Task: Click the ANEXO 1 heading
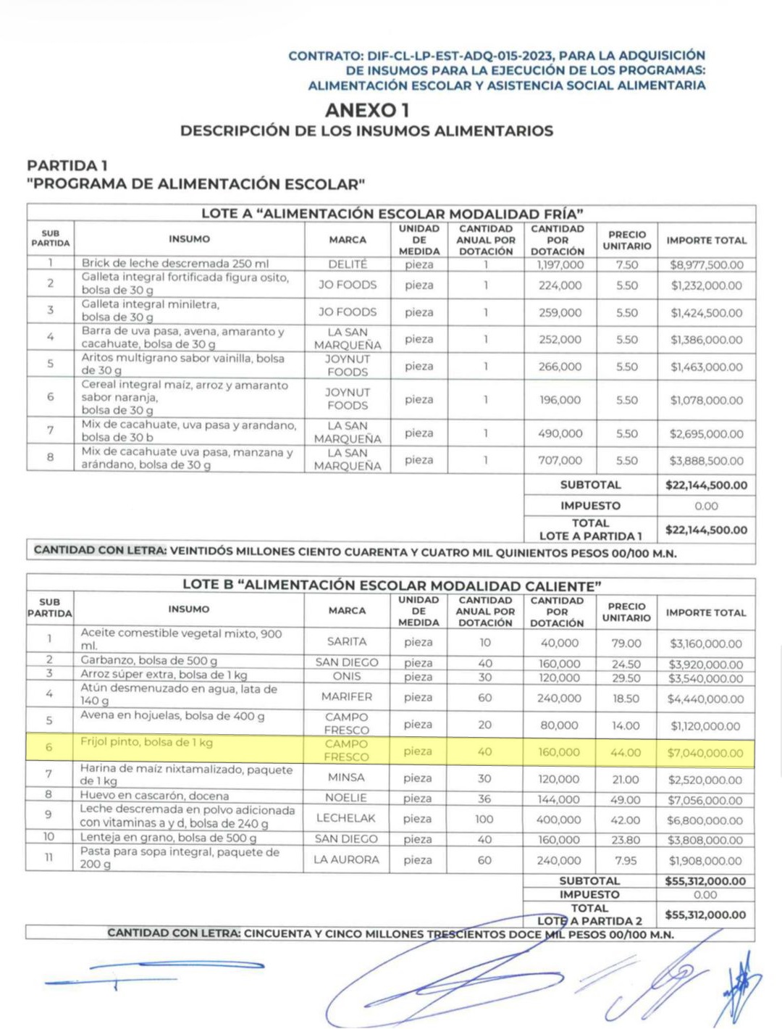[x=366, y=110]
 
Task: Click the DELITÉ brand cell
[x=348, y=264]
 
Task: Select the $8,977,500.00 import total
[x=706, y=264]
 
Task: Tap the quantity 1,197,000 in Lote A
[x=560, y=264]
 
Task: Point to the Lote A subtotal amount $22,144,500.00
[x=706, y=485]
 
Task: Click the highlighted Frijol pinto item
[x=146, y=743]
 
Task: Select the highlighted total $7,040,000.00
[x=705, y=753]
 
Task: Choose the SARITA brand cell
[x=347, y=642]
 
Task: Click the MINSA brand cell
[x=346, y=778]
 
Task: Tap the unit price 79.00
[x=626, y=643]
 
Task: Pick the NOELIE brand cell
[x=346, y=798]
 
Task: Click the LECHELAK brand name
[x=346, y=818]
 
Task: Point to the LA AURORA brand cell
[x=346, y=859]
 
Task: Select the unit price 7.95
[x=625, y=860]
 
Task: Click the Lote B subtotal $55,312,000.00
[x=705, y=881]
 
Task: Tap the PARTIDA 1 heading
[x=67, y=166]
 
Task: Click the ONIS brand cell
[x=347, y=676]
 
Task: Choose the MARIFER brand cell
[x=347, y=696]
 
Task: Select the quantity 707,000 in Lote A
[x=560, y=460]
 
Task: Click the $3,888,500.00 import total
[x=706, y=461]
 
